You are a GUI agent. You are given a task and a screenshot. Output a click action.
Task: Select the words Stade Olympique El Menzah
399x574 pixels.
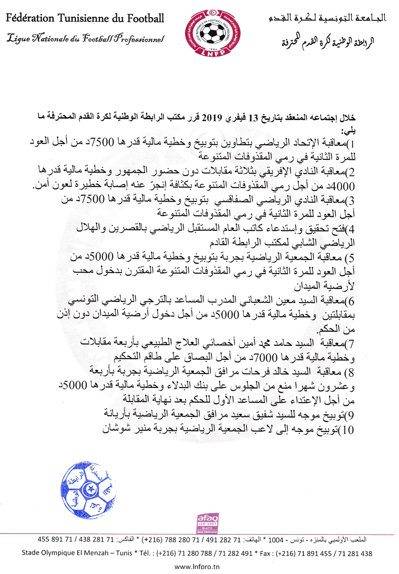[x=68, y=553]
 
